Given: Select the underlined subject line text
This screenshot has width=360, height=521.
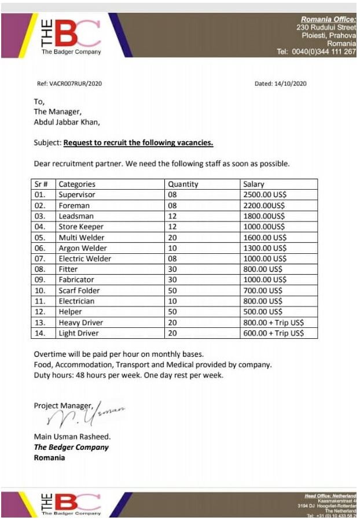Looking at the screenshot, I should click(138, 143).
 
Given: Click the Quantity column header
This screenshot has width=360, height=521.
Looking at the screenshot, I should click(183, 184).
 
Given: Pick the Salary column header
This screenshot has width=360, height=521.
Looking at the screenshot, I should click(254, 184).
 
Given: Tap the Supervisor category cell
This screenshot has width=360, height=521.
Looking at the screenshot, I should click(77, 195).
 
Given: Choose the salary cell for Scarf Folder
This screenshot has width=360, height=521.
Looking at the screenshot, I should click(263, 290).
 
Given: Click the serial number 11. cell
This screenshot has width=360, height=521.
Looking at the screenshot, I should click(41, 301).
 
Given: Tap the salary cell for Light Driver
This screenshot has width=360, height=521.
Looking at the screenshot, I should click(273, 333).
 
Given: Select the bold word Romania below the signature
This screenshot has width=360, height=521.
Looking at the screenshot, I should click(49, 457).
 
